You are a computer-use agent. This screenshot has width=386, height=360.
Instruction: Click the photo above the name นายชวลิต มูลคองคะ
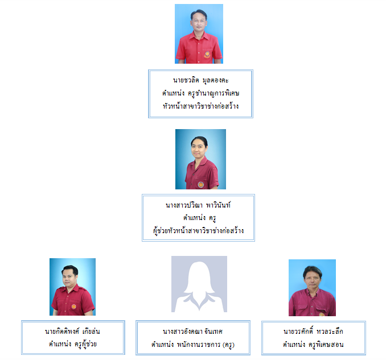199,34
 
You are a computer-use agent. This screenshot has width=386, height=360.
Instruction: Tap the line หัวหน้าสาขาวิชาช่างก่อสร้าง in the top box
201,105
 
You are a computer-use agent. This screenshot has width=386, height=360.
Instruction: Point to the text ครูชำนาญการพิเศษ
213,93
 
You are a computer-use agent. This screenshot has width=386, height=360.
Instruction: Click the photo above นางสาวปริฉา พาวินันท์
200,159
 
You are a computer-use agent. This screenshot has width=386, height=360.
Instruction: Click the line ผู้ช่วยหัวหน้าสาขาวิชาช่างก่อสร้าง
199,230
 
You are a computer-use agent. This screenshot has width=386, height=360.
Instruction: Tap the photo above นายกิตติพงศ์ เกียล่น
72,287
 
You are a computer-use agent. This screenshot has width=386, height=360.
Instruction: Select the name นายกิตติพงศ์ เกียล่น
72,331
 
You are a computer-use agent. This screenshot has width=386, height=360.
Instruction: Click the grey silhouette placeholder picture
199,284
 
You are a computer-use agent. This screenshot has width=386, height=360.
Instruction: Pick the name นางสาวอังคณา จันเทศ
193,332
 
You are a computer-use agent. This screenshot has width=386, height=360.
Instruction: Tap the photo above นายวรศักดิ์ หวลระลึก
312,287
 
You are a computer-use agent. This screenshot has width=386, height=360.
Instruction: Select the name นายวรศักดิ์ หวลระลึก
313,331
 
